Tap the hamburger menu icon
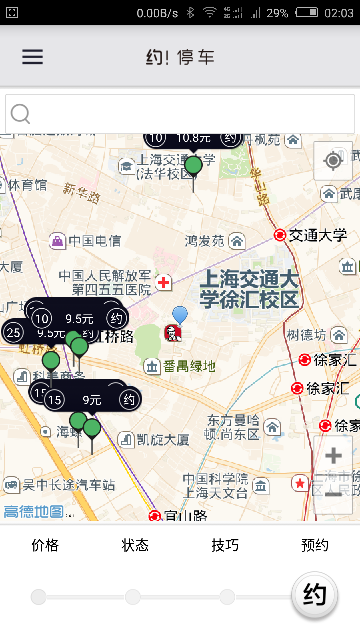32,57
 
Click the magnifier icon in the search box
20,114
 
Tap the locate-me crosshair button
333,161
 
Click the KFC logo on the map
173,333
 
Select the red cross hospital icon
163,283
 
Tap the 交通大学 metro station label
317,235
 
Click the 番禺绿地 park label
189,366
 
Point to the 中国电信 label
95,241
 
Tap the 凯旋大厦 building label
163,440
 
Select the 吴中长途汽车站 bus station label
68,485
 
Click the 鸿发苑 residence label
204,241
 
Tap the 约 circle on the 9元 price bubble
129,400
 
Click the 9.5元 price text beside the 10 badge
79,319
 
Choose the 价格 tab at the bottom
45,545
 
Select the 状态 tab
135,545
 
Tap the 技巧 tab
225,545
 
